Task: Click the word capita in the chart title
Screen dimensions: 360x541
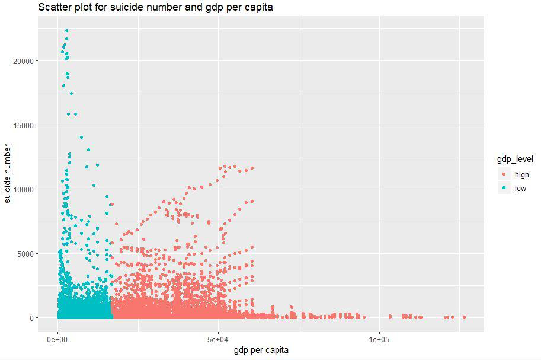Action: click(256, 7)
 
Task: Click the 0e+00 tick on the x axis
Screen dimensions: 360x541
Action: click(57, 339)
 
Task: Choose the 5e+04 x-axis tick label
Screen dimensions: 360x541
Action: click(218, 339)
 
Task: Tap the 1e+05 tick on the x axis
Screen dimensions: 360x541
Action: click(379, 339)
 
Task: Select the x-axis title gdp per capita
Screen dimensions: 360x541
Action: click(261, 350)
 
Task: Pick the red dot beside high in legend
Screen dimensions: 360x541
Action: click(504, 174)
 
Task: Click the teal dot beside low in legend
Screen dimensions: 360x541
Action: click(504, 189)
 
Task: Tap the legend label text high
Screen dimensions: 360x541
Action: click(522, 174)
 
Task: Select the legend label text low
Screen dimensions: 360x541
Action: click(520, 189)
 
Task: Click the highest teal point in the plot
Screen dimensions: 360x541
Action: click(66, 30)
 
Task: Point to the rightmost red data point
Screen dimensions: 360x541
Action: click(464, 317)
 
